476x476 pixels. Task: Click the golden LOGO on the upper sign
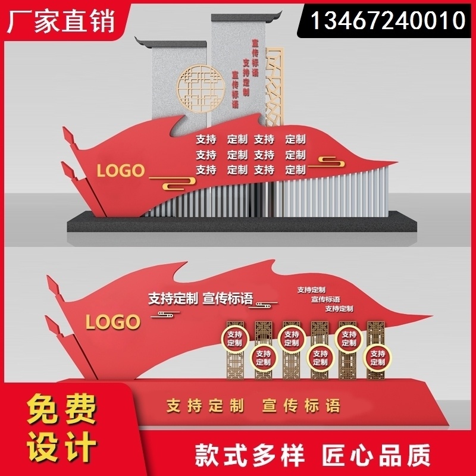[x=121, y=171]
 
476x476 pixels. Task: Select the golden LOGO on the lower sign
[x=112, y=322]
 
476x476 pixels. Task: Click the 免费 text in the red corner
[x=61, y=411]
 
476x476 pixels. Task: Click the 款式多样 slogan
[x=250, y=455]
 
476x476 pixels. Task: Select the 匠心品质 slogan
[x=377, y=455]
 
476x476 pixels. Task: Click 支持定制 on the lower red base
[x=205, y=406]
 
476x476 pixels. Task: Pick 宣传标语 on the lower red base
[x=302, y=406]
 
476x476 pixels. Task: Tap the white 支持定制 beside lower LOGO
[x=173, y=299]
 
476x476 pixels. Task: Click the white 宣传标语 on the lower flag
[x=228, y=299]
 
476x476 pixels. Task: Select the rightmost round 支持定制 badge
[x=378, y=358]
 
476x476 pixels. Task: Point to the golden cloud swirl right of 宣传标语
[x=264, y=305]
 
